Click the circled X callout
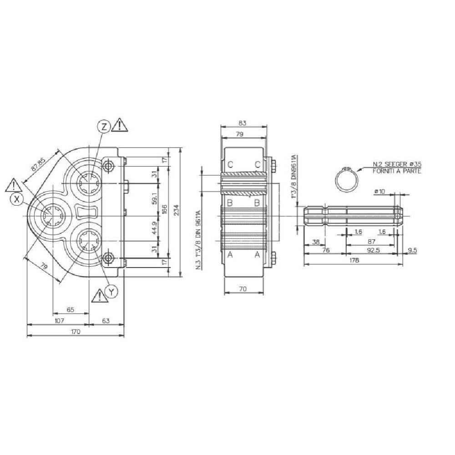pyautogui.click(x=17, y=199)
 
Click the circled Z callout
pyautogui.click(x=104, y=127)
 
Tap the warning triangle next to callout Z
pyautogui.click(x=120, y=125)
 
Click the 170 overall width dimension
pyautogui.click(x=76, y=332)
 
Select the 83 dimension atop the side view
pyautogui.click(x=243, y=123)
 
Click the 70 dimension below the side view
pyautogui.click(x=243, y=288)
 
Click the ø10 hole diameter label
pyautogui.click(x=379, y=192)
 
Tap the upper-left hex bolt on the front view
pyautogui.click(x=107, y=167)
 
